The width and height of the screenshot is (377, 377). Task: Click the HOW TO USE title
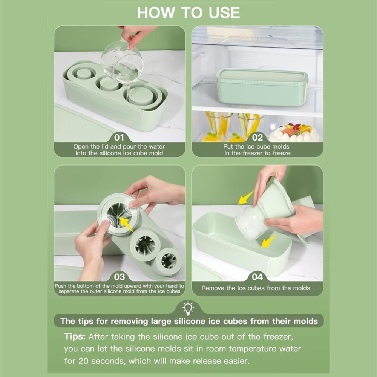[188, 12]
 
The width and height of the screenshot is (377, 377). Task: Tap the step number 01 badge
[119, 137]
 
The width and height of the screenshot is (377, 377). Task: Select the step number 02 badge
[257, 137]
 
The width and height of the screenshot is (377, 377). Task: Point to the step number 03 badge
[119, 277]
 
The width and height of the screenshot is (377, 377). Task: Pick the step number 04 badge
[257, 277]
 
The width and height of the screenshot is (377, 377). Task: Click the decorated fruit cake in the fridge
[294, 132]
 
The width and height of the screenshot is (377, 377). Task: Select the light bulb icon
[188, 308]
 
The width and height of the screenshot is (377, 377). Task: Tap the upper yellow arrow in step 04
[245, 198]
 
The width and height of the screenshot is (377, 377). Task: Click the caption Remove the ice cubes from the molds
[256, 288]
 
